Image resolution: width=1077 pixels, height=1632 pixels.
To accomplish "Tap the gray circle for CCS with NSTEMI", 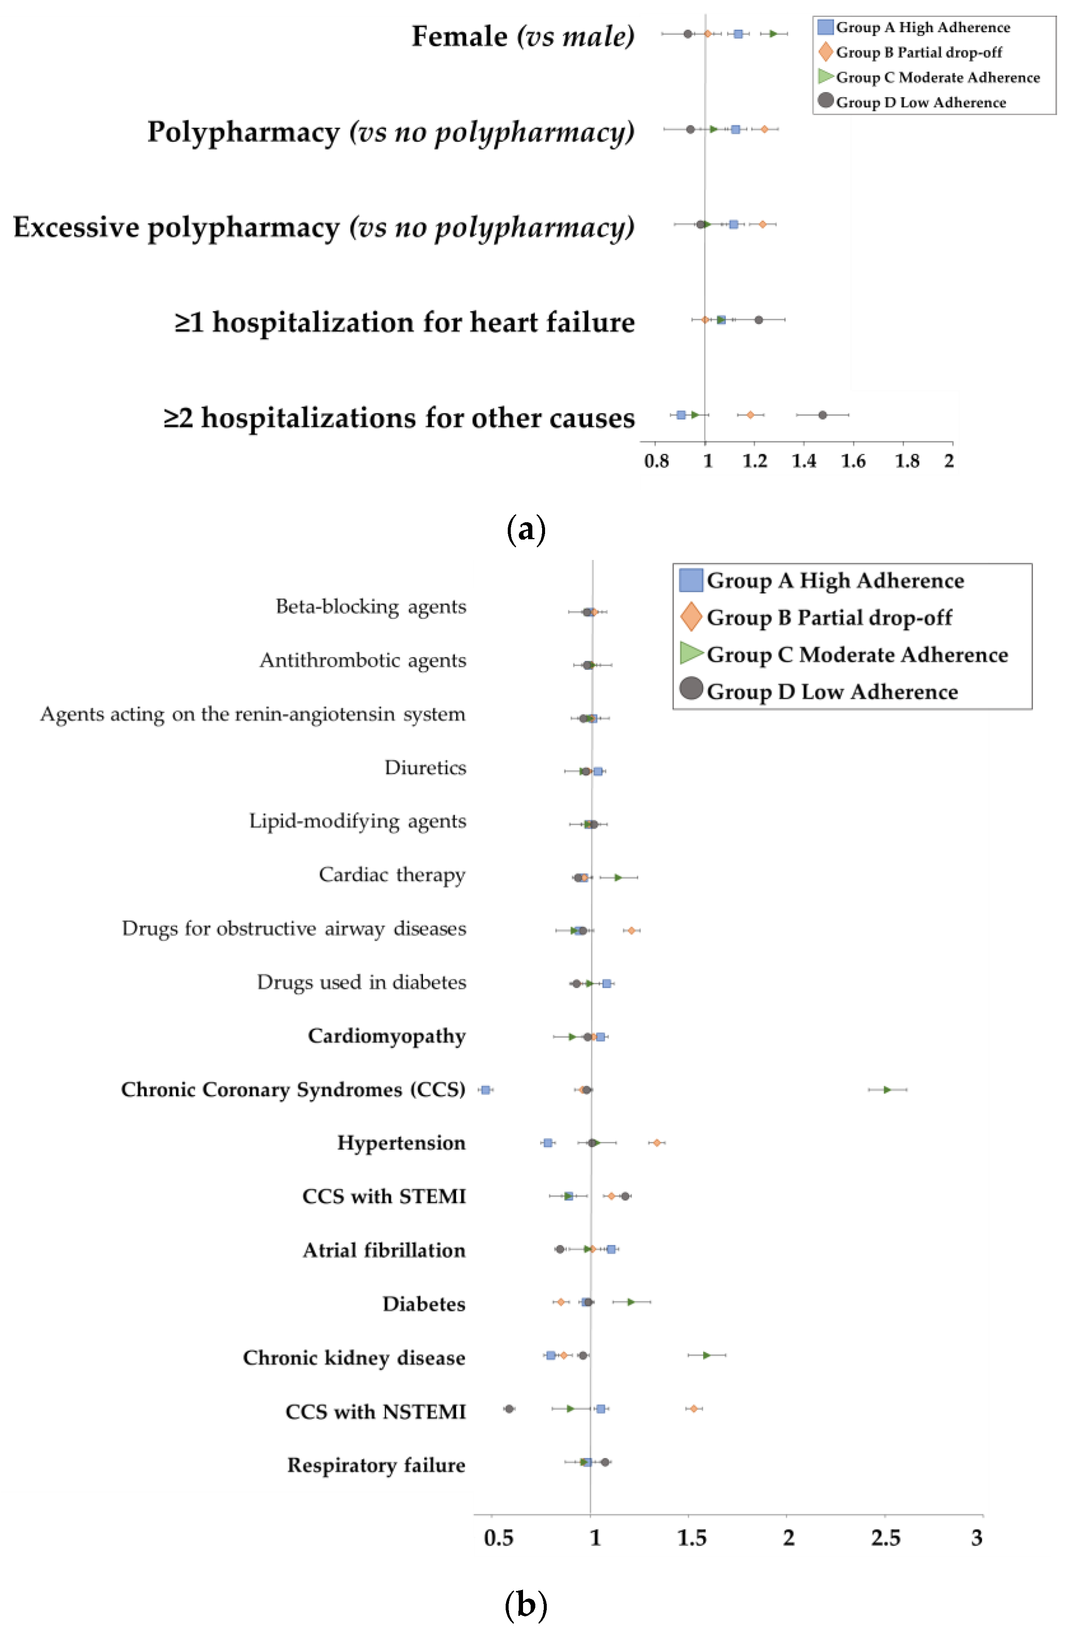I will tap(509, 1409).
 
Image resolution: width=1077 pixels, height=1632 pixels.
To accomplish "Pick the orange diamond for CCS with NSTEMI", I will tap(694, 1409).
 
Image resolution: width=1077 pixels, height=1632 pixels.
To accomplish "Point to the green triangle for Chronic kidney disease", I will tap(706, 1355).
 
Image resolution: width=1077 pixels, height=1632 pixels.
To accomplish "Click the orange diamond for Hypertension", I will tap(657, 1143).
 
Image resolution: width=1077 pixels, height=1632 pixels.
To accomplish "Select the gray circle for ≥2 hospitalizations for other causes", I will tap(822, 415).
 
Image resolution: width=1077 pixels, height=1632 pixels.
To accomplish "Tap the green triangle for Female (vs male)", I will tap(773, 33).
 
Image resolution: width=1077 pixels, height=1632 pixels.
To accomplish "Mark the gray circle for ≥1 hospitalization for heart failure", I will tap(758, 319).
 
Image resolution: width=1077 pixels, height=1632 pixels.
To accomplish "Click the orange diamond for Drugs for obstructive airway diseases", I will tap(631, 930).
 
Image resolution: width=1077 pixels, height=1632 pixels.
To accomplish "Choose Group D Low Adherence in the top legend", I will tap(921, 102).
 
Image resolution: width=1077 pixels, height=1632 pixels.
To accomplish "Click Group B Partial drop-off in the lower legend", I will tap(829, 618).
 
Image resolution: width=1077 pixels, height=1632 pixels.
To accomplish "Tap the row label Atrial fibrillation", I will tap(384, 1250).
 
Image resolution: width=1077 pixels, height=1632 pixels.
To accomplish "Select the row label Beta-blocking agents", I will tap(371, 607).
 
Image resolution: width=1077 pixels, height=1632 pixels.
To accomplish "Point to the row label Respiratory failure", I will tap(376, 1465).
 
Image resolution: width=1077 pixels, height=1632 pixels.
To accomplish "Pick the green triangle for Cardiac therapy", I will tap(618, 877).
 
